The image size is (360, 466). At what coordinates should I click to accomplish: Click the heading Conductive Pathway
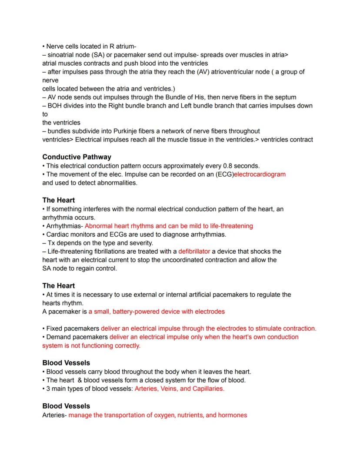click(x=77, y=157)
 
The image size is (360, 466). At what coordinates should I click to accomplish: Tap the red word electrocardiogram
click(x=260, y=174)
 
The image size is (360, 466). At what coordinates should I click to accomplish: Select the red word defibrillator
click(x=194, y=251)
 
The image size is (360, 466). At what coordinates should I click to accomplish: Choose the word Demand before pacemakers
click(x=59, y=337)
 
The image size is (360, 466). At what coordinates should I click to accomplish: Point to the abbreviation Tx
click(x=51, y=243)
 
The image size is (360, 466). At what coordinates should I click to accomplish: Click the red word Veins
click(x=167, y=389)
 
